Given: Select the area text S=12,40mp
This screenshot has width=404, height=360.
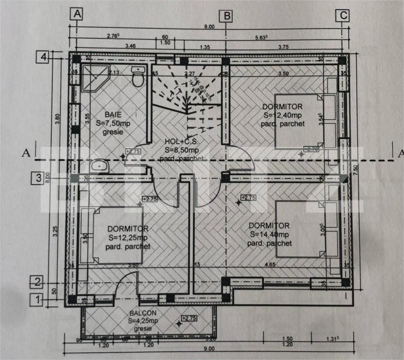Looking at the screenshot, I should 283,115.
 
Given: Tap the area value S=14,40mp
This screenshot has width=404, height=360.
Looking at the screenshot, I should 270,234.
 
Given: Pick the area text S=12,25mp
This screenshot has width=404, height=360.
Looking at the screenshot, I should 127,237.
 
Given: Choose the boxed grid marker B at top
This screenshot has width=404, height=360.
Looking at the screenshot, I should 227,15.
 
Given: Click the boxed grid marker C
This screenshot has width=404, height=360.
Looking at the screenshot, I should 343,15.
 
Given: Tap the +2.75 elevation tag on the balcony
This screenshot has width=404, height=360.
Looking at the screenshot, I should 189,318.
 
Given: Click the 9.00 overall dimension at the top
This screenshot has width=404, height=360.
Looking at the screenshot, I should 209,26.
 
